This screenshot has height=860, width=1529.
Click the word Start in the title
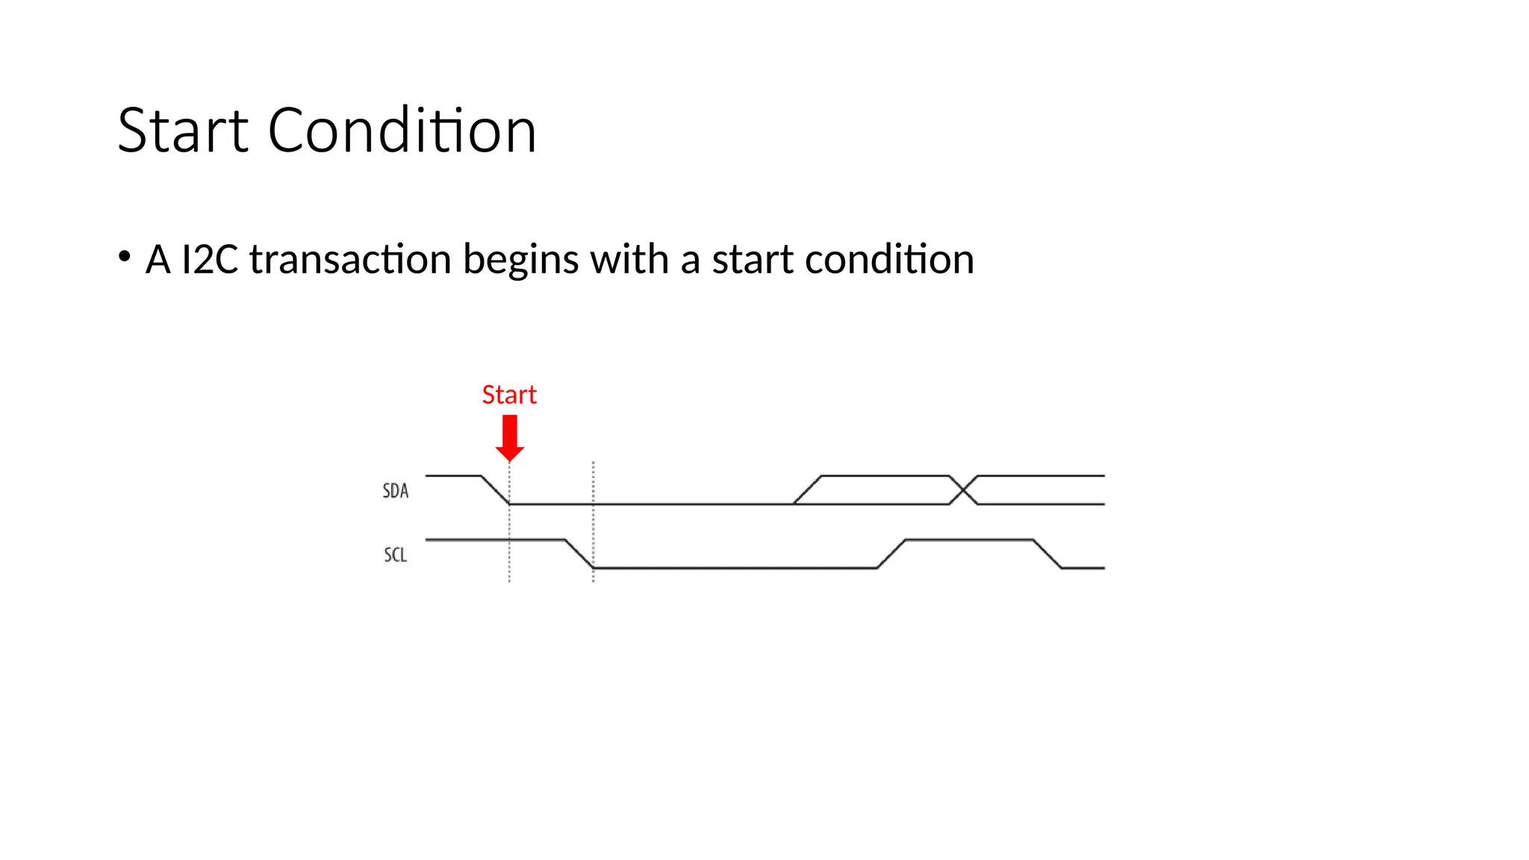pyautogui.click(x=183, y=131)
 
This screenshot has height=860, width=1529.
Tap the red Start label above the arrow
pyautogui.click(x=509, y=394)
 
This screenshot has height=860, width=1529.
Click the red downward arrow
pyautogui.click(x=510, y=437)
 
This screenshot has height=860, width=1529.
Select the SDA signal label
pyautogui.click(x=396, y=491)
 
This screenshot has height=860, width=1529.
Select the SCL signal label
pyautogui.click(x=396, y=555)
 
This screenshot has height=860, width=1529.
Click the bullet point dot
pyautogui.click(x=125, y=257)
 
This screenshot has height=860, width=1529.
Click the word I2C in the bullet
pyautogui.click(x=210, y=260)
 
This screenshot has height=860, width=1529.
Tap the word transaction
pyautogui.click(x=350, y=260)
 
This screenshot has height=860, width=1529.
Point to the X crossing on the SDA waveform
pyautogui.click(x=963, y=490)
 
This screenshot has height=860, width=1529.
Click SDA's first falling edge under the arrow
pyautogui.click(x=496, y=490)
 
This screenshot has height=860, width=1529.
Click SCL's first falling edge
pyautogui.click(x=579, y=554)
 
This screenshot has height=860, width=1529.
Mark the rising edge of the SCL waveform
pyautogui.click(x=891, y=554)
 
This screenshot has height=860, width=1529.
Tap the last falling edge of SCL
pyautogui.click(x=1047, y=554)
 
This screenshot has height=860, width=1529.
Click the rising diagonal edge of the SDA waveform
pyautogui.click(x=807, y=490)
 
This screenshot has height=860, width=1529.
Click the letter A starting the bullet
pyautogui.click(x=158, y=260)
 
